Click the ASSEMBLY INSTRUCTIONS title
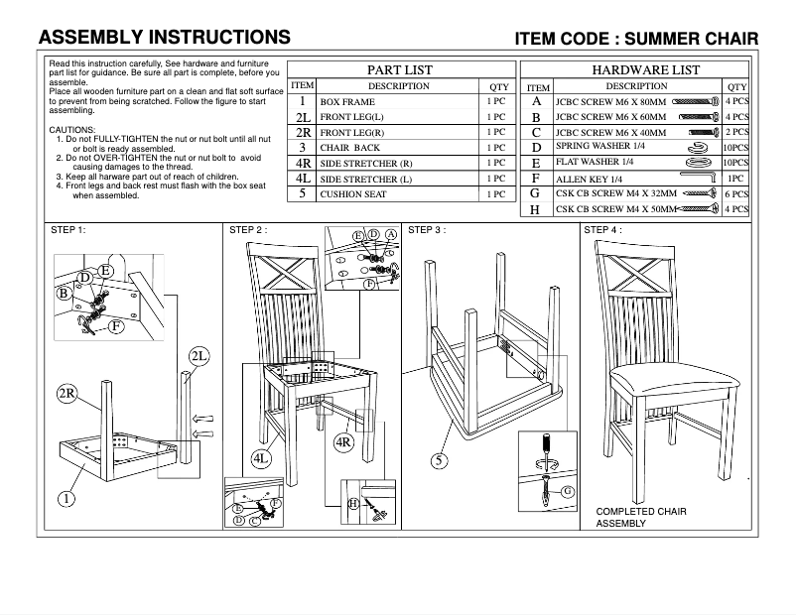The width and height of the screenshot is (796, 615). pyautogui.click(x=164, y=38)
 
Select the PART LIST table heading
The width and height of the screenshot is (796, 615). pyautogui.click(x=400, y=70)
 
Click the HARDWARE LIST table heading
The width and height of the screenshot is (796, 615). pyautogui.click(x=645, y=70)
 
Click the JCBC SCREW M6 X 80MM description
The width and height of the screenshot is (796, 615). pyautogui.click(x=611, y=101)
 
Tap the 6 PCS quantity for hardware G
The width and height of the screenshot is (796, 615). pyautogui.click(x=735, y=193)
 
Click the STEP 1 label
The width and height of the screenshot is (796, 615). pyautogui.click(x=68, y=230)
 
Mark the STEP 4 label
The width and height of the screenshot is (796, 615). pyautogui.click(x=602, y=230)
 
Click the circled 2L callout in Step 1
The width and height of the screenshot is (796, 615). pyautogui.click(x=198, y=356)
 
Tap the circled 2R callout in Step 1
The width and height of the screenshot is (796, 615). pyautogui.click(x=67, y=394)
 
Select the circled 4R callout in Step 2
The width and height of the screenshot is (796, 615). pyautogui.click(x=344, y=441)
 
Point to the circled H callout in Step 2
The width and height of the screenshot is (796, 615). pyautogui.click(x=353, y=503)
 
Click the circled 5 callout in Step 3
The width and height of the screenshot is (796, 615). pyautogui.click(x=440, y=459)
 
